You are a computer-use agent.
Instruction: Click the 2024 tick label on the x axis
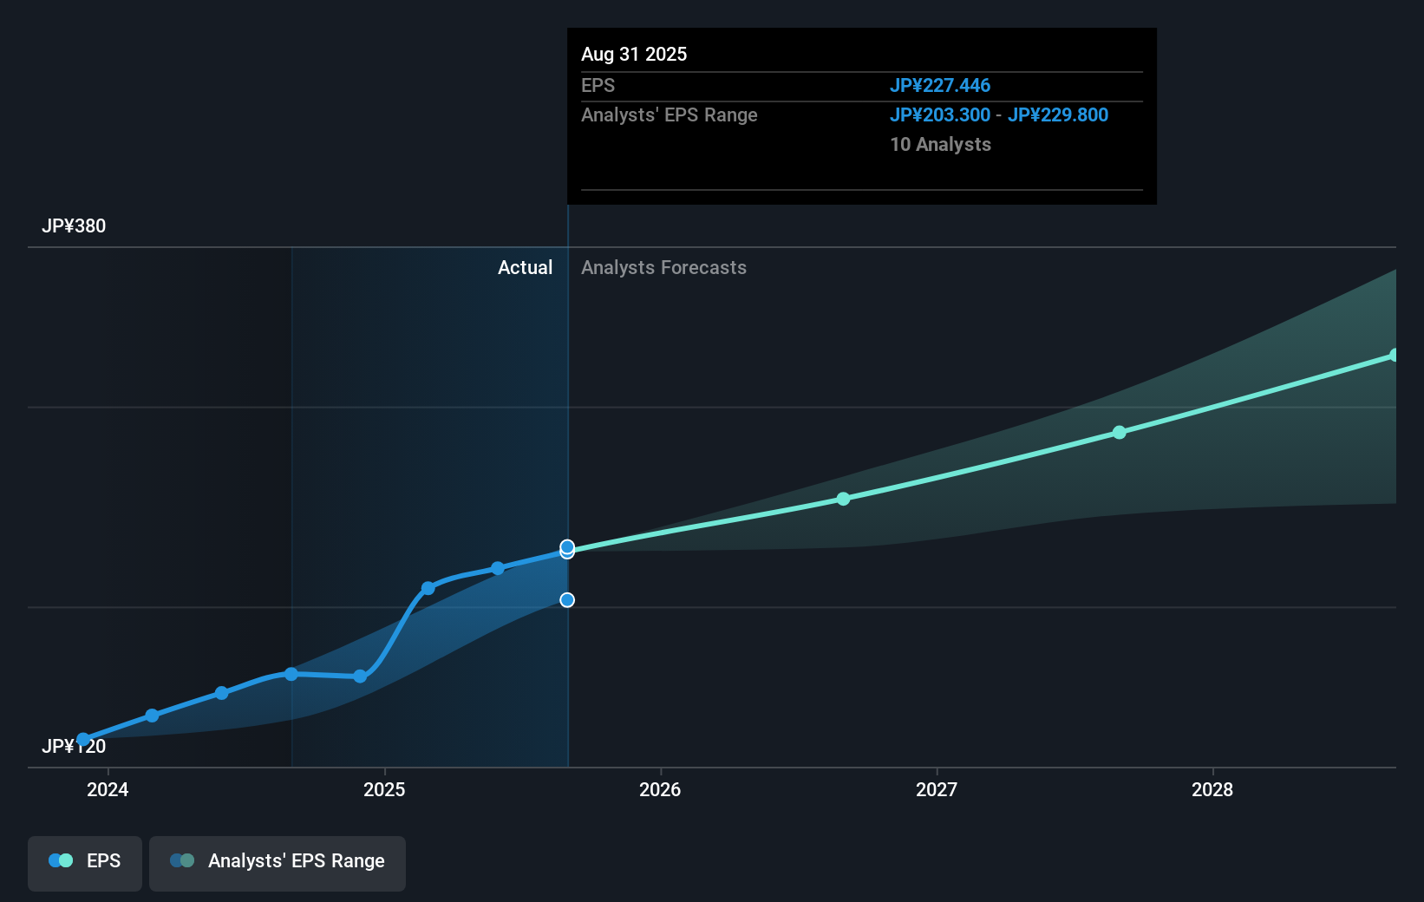[x=108, y=789]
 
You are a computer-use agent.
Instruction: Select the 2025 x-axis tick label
[x=384, y=789]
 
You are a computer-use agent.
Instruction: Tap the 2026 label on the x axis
[x=660, y=789]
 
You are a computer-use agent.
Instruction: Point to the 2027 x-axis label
[x=937, y=789]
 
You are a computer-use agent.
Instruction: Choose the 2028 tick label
[x=1212, y=789]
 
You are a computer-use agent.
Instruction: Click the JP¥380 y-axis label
[x=74, y=226]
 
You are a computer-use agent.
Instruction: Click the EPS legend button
[x=85, y=861]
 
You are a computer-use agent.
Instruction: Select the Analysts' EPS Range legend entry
[x=278, y=861]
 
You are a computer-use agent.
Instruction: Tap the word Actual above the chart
[x=525, y=268]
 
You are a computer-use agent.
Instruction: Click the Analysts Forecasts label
[x=663, y=268]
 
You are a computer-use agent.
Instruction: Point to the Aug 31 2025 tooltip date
[x=634, y=55]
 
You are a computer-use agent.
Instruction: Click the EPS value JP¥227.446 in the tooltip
[x=940, y=86]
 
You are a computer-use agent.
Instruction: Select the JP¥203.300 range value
[x=940, y=115]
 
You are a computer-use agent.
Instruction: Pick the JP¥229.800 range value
[x=1058, y=115]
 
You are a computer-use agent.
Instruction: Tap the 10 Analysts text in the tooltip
[x=940, y=145]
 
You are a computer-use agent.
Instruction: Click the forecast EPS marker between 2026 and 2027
[x=843, y=499]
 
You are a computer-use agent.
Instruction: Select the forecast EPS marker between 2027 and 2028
[x=1120, y=432]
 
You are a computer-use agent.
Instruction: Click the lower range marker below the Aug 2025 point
[x=567, y=600]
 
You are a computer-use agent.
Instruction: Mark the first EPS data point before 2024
[x=83, y=740]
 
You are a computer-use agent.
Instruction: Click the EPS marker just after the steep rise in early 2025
[x=428, y=588]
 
